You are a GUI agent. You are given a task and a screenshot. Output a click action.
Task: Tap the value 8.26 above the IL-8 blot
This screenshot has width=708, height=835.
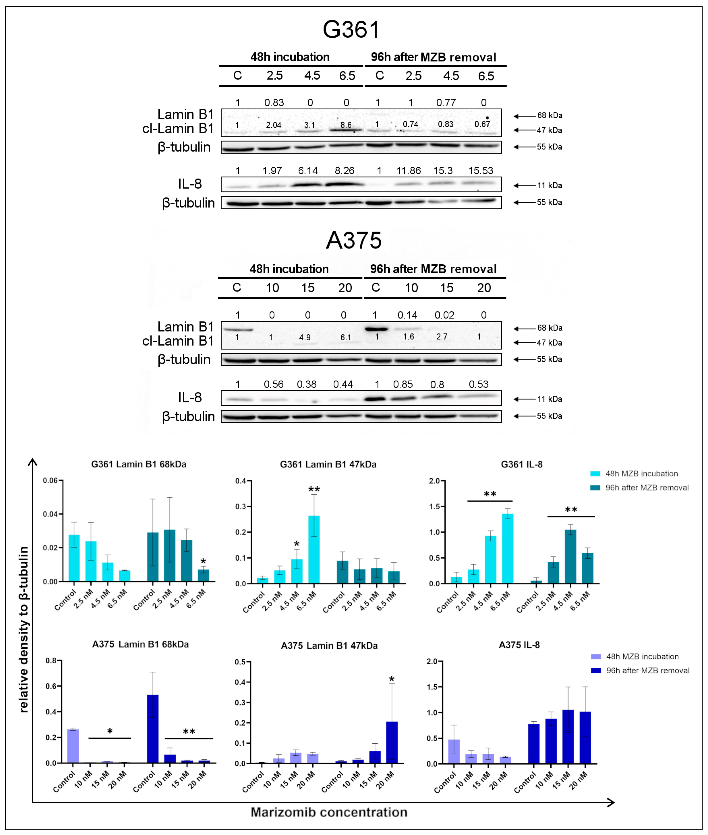[x=344, y=171]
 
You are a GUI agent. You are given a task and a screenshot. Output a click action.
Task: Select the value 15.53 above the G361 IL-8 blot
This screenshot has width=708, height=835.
[x=480, y=171]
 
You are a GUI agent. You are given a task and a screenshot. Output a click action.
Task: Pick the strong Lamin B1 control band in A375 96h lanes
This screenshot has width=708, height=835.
[x=376, y=329]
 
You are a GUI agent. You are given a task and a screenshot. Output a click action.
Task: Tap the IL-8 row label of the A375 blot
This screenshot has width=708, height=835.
[x=190, y=398]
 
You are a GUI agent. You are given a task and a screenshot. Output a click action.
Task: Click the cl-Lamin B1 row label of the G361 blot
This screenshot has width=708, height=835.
[x=178, y=129]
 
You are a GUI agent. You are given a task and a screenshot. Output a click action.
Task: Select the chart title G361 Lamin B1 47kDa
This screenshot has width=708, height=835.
[x=328, y=464]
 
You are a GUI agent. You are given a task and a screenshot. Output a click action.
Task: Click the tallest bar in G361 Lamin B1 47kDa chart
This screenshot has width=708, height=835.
[x=314, y=549]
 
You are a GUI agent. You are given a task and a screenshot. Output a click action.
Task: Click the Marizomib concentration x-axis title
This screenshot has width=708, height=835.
[x=329, y=812]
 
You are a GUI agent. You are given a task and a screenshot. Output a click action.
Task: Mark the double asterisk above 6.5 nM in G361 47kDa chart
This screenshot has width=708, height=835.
[x=314, y=489]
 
